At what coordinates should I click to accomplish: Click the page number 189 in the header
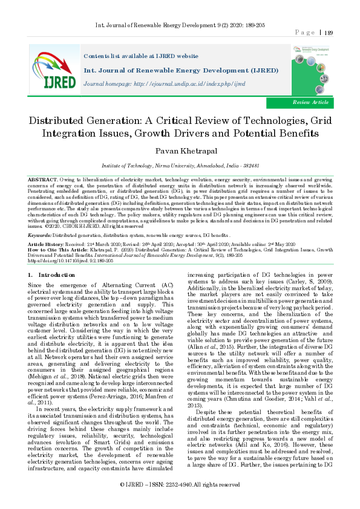click(329, 33)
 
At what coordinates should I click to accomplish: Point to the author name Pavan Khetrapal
click(180, 151)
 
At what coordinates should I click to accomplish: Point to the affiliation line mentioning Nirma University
click(180, 164)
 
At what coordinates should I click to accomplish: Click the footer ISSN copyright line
click(180, 502)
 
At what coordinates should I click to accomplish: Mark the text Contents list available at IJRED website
click(139, 54)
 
